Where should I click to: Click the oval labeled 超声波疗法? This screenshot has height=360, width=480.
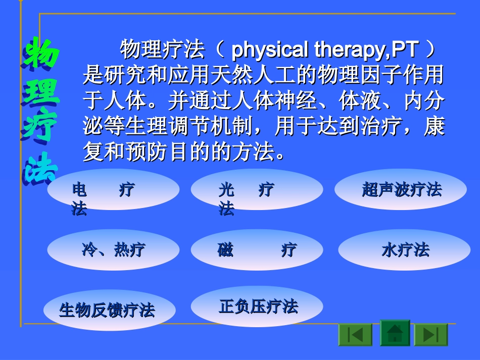[401, 190]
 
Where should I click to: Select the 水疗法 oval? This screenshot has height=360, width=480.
[402, 250]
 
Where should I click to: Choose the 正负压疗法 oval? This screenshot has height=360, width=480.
[257, 306]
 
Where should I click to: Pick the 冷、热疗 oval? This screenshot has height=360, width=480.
[113, 250]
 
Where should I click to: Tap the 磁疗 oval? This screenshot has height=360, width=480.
[257, 250]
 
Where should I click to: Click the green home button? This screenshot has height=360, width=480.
[395, 333]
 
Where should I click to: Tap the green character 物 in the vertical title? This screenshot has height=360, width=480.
[41, 54]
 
